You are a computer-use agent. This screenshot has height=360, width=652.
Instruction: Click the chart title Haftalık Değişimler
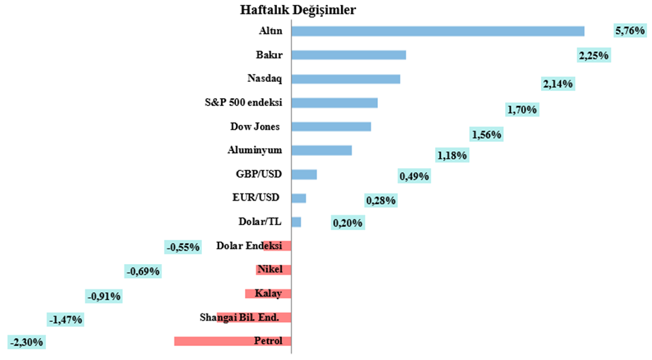(297, 10)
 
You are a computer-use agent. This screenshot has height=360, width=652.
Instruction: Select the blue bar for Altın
(437, 31)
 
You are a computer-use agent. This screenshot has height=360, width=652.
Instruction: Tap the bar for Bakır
(348, 55)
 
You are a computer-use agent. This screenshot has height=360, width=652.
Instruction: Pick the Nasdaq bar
(345, 79)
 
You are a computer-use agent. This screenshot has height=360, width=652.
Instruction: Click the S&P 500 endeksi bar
(334, 103)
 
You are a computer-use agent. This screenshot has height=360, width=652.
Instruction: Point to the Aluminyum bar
(321, 150)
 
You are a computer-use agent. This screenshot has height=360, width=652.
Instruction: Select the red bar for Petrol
(232, 342)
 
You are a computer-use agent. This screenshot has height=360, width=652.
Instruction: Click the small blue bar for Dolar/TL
(296, 222)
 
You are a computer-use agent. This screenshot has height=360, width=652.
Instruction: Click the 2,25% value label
(593, 56)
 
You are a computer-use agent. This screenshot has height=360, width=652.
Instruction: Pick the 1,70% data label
(522, 109)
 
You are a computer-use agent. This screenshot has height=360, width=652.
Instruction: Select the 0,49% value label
(414, 176)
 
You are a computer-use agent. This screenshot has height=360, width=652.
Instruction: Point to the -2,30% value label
(27, 342)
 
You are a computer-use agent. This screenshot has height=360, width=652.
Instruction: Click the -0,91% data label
(103, 296)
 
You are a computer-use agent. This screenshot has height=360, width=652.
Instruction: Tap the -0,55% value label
(182, 247)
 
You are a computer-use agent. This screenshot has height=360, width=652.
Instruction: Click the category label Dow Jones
(256, 127)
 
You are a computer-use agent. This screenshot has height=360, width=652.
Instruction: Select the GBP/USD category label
(259, 174)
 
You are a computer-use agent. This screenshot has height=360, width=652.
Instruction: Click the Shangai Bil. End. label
(239, 318)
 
